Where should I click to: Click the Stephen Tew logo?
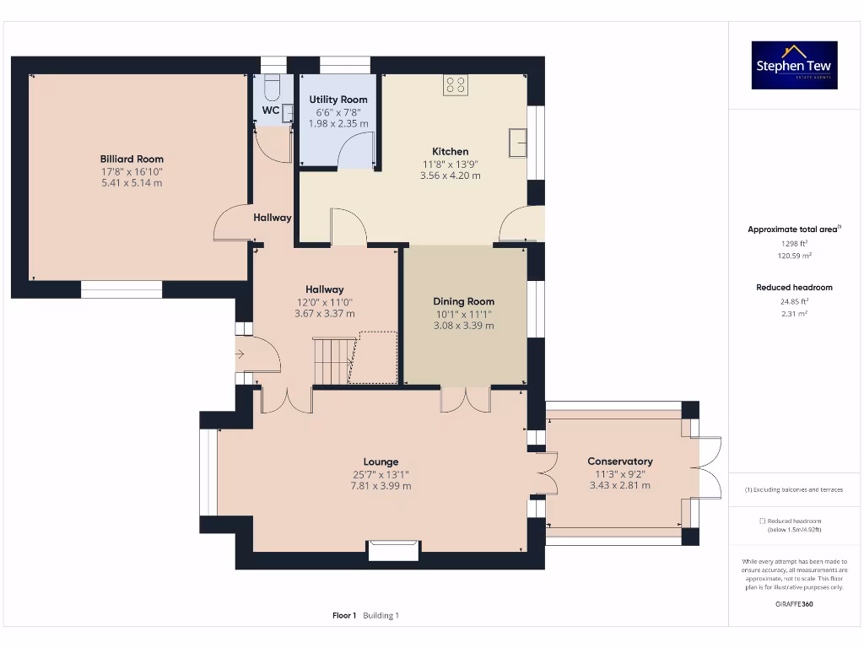coord(794,65)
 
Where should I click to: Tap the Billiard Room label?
coord(132,159)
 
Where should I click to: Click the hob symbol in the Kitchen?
coord(456,84)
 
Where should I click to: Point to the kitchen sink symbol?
coord(517,143)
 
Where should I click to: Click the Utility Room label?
coord(337,100)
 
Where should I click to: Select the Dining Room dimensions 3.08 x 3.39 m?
coord(463,326)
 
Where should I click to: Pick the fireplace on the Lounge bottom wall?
coord(394,550)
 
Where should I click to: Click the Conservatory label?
coord(620,462)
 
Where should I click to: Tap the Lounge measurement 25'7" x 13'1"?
coord(381,474)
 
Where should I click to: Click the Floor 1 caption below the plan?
coord(344,616)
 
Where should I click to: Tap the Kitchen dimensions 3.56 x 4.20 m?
coord(450,175)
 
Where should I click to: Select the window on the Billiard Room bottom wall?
coord(121,289)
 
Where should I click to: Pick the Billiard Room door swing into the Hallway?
coord(230,224)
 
